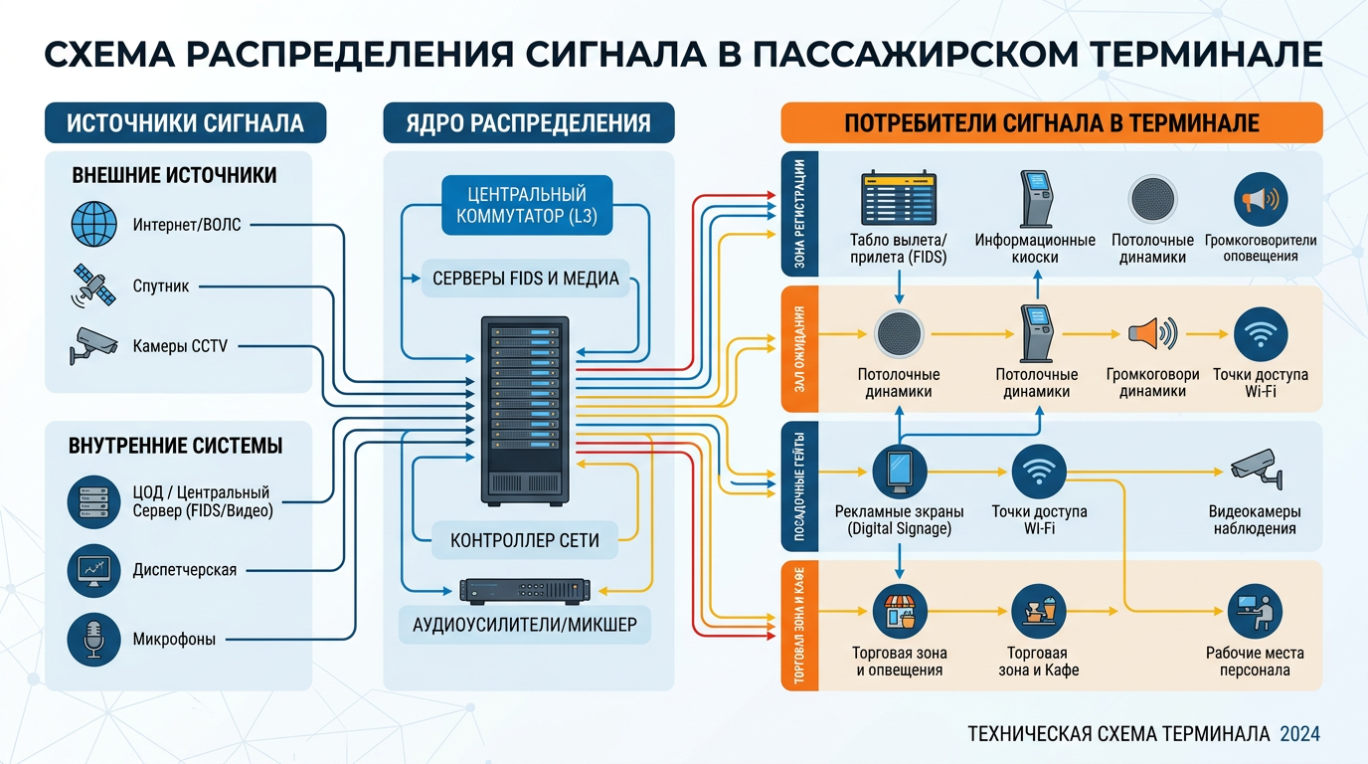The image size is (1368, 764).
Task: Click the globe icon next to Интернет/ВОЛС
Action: (93, 224)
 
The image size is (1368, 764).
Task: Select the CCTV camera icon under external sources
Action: (93, 344)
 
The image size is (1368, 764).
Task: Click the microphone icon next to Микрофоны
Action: (93, 639)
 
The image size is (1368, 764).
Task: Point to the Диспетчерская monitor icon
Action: (93, 569)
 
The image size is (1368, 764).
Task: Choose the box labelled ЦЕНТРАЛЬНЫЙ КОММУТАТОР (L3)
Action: (527, 206)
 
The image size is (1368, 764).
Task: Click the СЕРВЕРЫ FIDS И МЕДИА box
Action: (525, 278)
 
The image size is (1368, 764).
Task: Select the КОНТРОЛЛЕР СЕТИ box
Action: (525, 540)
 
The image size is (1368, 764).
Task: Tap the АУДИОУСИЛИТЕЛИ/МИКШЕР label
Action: (525, 625)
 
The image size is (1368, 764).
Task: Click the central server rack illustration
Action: (525, 409)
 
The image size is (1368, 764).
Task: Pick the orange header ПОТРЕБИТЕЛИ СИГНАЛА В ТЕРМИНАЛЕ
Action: (1051, 123)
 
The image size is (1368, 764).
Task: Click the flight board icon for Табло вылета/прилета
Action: (899, 199)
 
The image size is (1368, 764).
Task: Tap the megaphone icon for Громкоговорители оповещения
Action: (1260, 200)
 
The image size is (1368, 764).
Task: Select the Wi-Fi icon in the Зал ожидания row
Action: (1260, 334)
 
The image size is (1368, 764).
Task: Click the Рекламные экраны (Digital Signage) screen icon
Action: (899, 471)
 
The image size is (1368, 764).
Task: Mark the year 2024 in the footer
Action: (1299, 734)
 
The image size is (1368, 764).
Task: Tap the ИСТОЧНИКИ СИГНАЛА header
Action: (185, 123)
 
